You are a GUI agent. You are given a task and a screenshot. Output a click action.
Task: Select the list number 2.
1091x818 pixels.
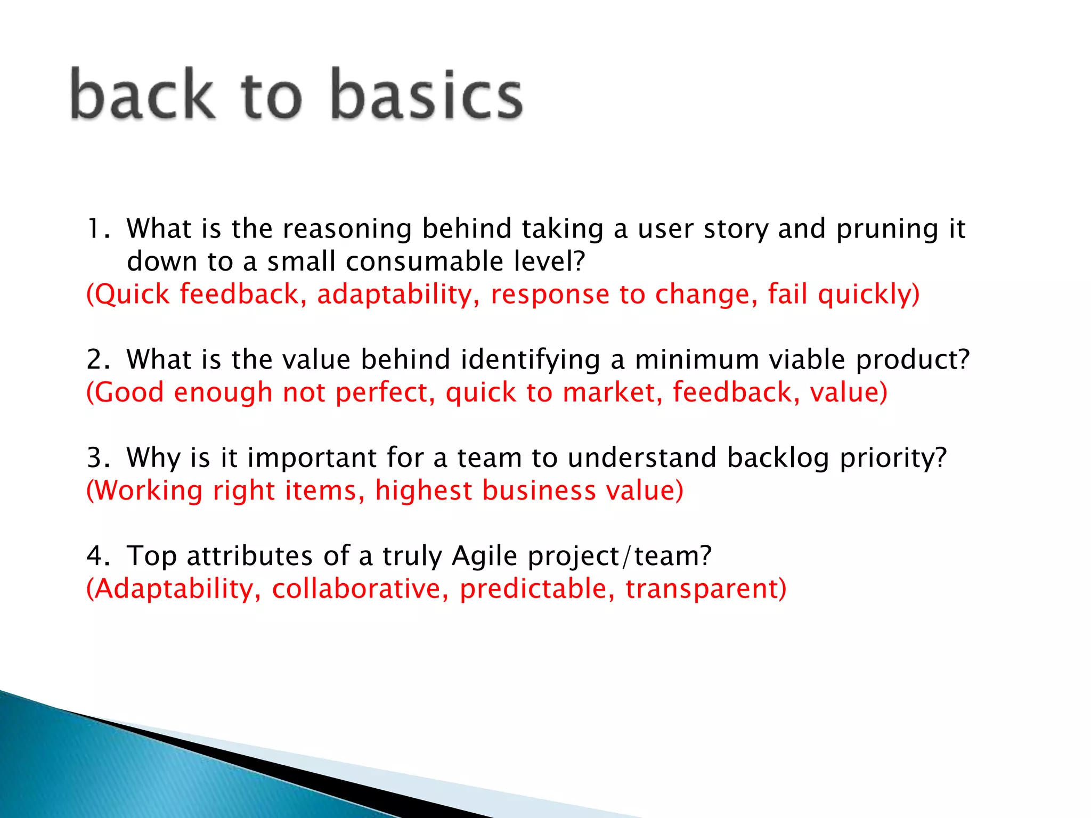(x=97, y=359)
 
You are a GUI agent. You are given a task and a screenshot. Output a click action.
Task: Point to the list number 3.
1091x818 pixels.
(x=97, y=458)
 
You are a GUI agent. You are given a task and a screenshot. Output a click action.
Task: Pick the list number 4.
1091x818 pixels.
(x=97, y=556)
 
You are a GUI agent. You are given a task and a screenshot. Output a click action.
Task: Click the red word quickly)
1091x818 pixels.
(x=868, y=295)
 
